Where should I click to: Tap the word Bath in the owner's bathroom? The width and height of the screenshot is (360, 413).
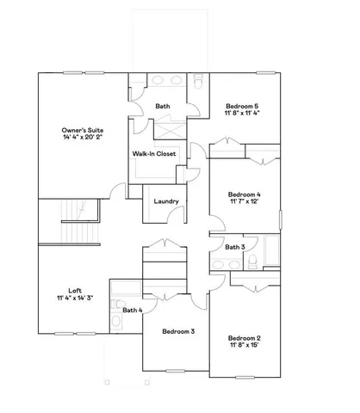pyautogui.click(x=162, y=107)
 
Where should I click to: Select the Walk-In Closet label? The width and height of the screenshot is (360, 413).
pyautogui.click(x=154, y=154)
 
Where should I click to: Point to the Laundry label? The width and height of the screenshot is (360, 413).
pyautogui.click(x=166, y=202)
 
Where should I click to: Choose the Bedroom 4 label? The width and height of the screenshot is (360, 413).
pyautogui.click(x=245, y=194)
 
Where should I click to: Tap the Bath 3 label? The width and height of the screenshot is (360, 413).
pyautogui.click(x=235, y=248)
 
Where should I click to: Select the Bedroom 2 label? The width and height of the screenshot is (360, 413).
pyautogui.click(x=245, y=338)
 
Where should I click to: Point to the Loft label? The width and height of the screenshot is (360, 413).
pyautogui.click(x=75, y=290)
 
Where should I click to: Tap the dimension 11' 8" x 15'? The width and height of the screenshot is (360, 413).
pyautogui.click(x=245, y=346)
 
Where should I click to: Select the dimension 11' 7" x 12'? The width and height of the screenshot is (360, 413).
pyautogui.click(x=245, y=202)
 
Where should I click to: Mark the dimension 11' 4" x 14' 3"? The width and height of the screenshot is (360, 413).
pyautogui.click(x=75, y=298)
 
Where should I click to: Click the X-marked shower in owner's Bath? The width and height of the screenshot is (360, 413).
pyautogui.click(x=167, y=130)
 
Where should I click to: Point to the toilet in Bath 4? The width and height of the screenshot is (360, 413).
pyautogui.click(x=116, y=323)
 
